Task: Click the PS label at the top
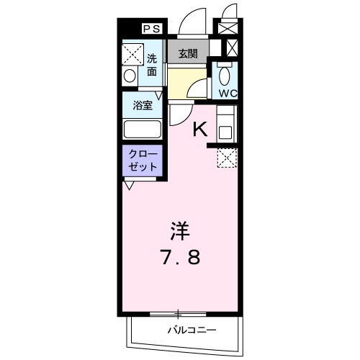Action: point(152,29)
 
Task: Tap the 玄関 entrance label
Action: point(188,53)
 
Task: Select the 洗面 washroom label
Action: point(152,65)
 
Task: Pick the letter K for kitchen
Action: point(199,129)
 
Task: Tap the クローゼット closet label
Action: point(141,159)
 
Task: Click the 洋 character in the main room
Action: point(180,232)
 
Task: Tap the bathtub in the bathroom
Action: point(141,130)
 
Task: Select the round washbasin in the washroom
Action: point(130,75)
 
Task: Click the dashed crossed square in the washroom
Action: point(132,54)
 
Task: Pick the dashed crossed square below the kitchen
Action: point(226,157)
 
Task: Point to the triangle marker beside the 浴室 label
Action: point(156,95)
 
